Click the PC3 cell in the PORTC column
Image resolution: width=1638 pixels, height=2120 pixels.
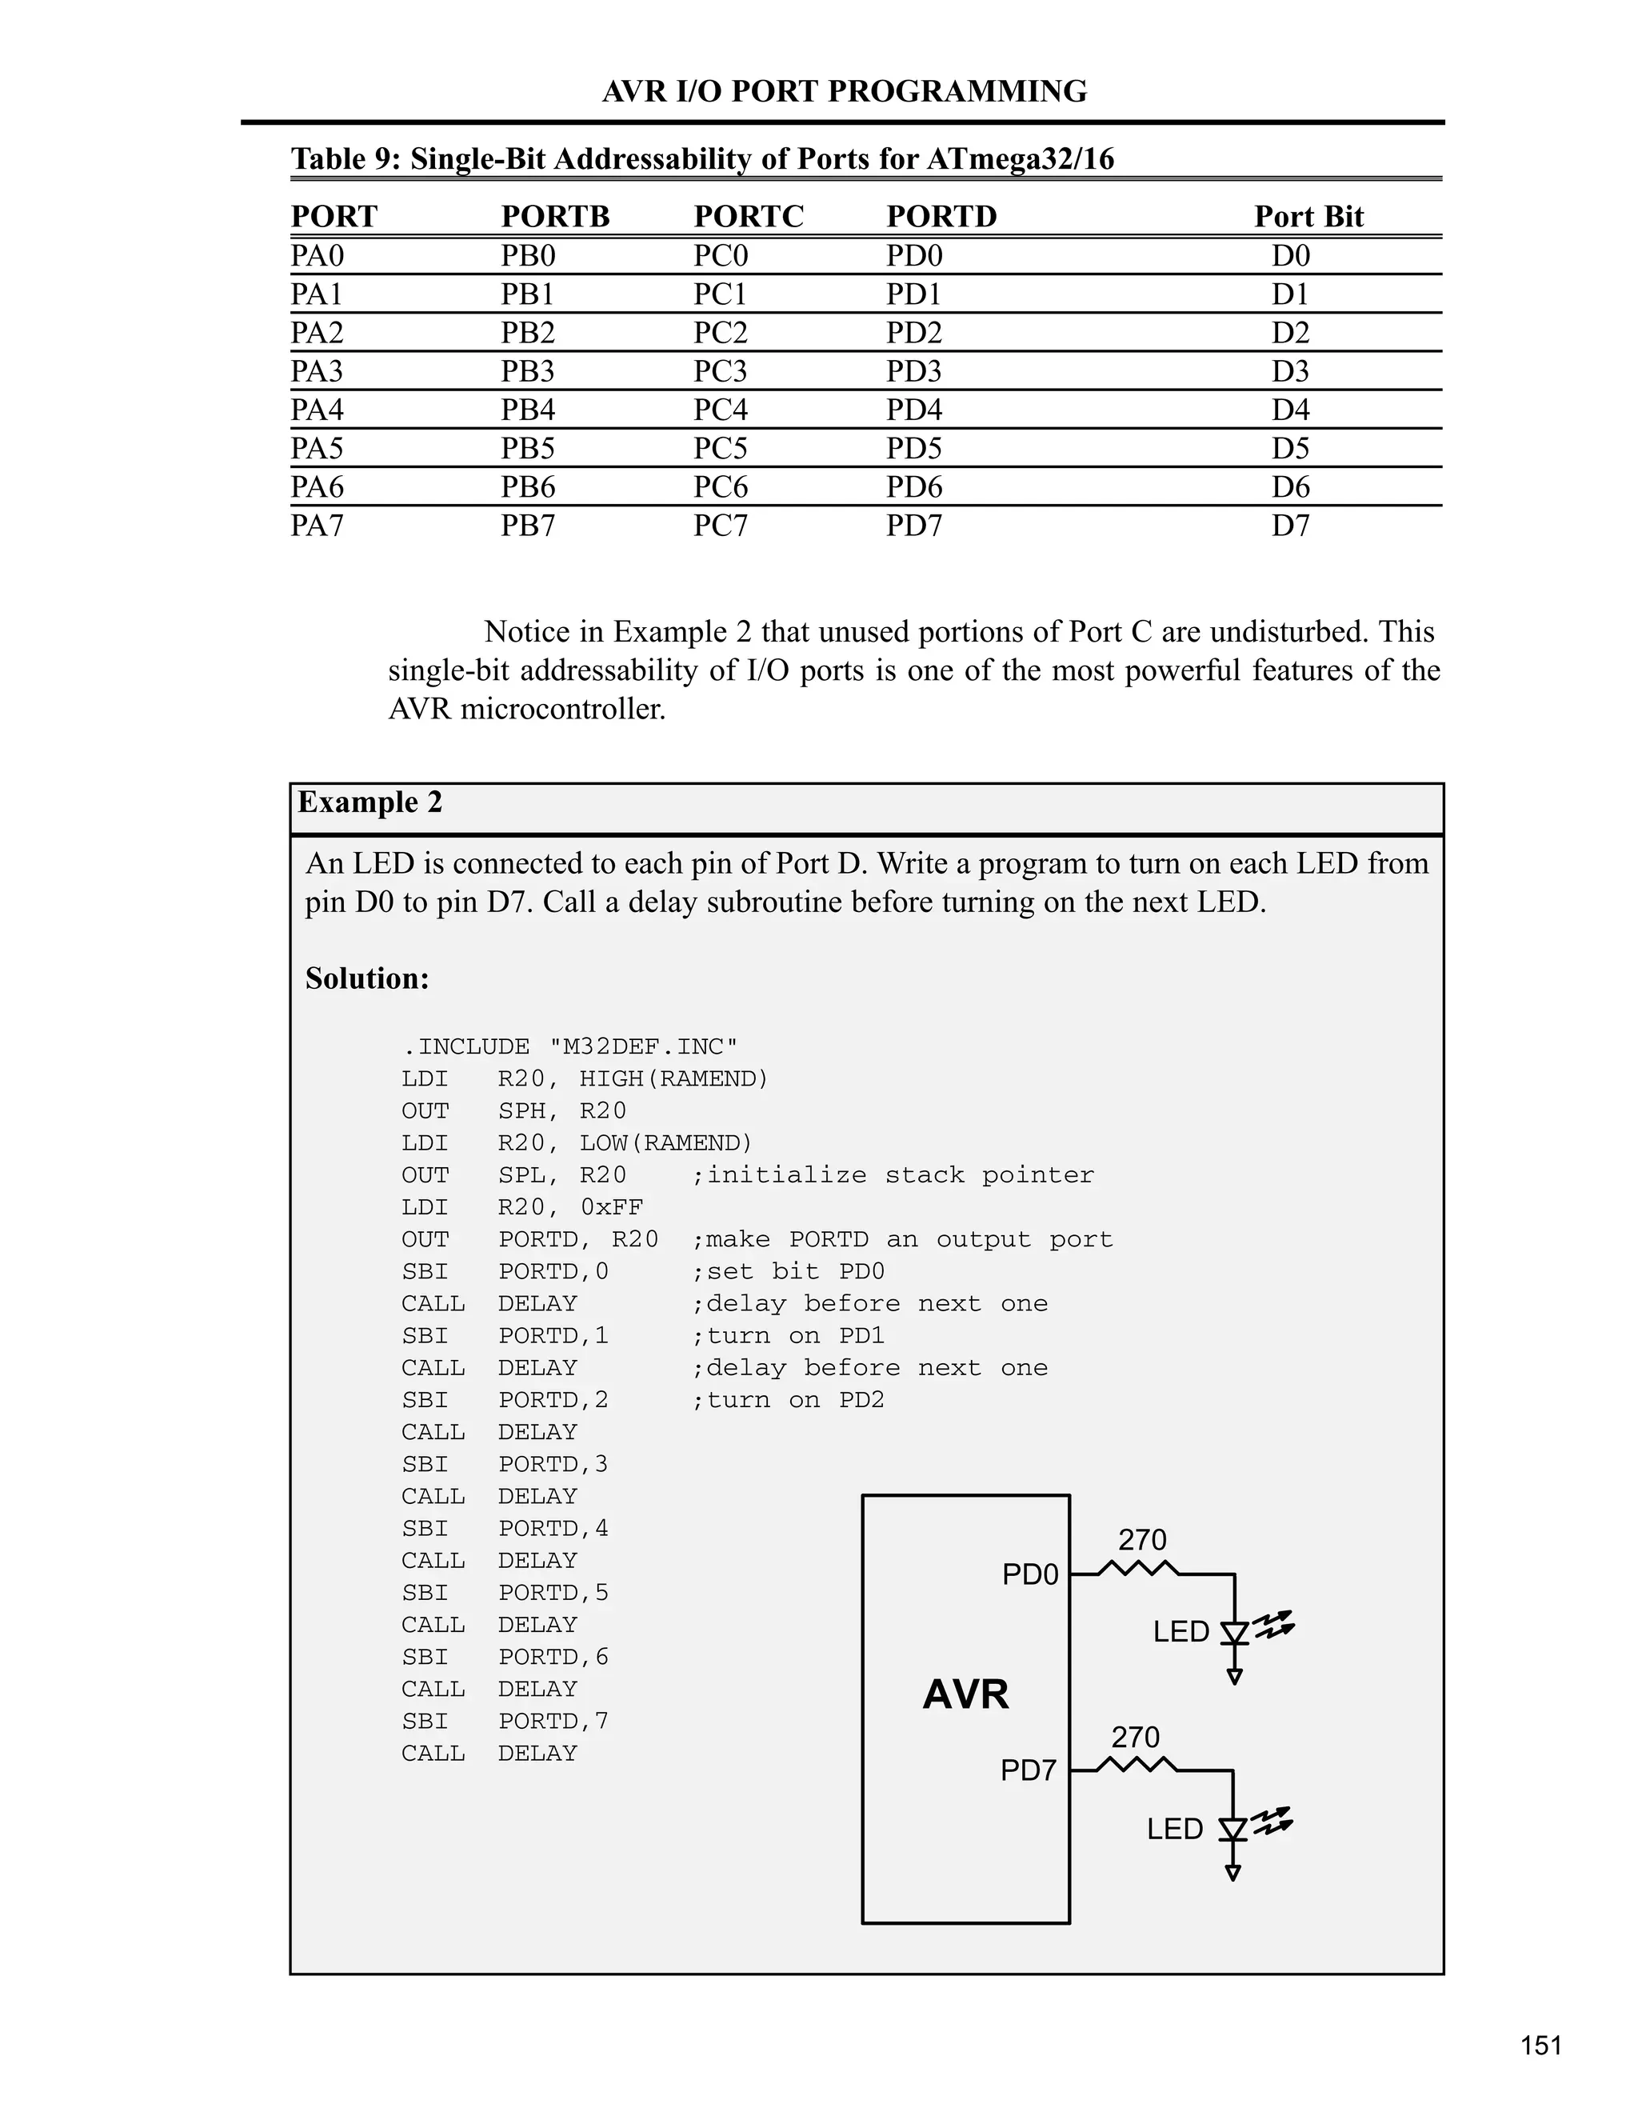720,371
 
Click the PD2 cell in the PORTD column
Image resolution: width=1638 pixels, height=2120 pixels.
914,332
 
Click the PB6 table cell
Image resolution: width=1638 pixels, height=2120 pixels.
528,486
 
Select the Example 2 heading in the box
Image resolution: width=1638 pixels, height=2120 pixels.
370,802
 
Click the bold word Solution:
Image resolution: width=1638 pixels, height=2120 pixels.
367,978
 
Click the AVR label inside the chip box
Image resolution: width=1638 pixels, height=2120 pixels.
965,1696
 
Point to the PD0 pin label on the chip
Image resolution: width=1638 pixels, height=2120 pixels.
1029,1574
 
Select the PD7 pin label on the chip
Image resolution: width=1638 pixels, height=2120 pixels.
1028,1771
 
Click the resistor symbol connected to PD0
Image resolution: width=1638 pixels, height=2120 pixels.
1139,1570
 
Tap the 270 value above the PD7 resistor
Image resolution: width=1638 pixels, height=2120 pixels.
1136,1737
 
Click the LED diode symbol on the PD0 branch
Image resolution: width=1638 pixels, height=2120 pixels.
1234,1633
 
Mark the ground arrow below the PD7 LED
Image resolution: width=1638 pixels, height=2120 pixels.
1232,1873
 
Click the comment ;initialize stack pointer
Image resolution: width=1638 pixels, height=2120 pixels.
893,1175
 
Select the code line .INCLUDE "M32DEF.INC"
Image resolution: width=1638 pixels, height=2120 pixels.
569,1046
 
